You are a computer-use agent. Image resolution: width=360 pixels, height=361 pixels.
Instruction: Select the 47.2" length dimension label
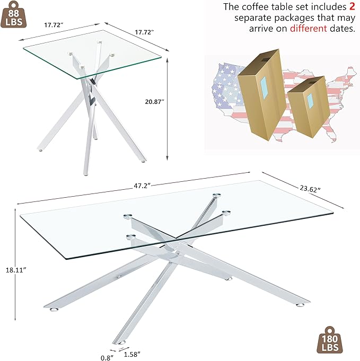[143, 186]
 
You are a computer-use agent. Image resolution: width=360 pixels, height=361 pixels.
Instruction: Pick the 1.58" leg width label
[139, 354]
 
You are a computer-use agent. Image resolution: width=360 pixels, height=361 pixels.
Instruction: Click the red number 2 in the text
[351, 6]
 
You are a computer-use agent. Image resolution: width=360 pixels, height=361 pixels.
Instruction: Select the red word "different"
[309, 28]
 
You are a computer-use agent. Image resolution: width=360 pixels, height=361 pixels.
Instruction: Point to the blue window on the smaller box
[310, 101]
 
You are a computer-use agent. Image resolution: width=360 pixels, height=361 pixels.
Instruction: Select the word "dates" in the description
[342, 28]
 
